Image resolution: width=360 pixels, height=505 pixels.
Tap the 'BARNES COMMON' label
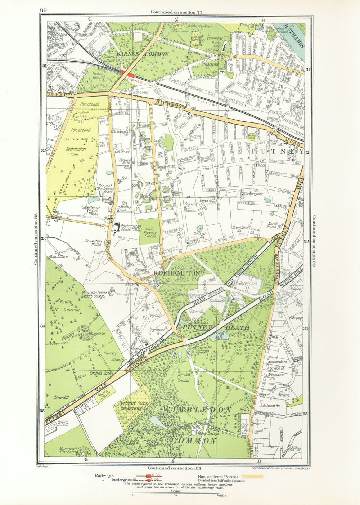pyautogui.click(x=142, y=54)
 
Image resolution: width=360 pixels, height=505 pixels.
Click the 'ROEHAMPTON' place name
pyautogui.click(x=176, y=273)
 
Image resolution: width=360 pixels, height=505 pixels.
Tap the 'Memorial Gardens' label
pyautogui.click(x=68, y=451)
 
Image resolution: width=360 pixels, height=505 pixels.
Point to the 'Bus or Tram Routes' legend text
pyautogui.click(x=218, y=477)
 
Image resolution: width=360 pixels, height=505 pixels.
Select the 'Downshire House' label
pyautogui.click(x=93, y=242)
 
